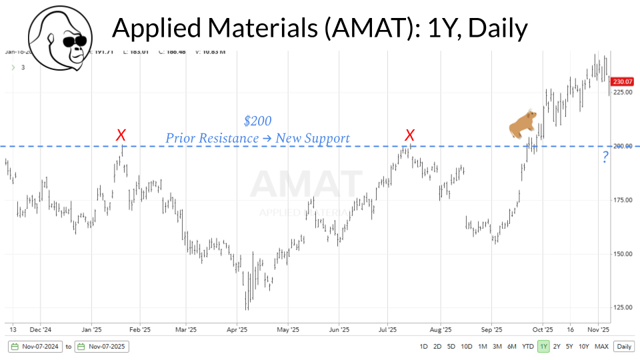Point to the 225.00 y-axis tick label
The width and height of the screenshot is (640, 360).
[x=623, y=92]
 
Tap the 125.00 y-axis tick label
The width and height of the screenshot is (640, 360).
[x=623, y=307]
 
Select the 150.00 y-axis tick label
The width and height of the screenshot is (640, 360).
[x=623, y=253]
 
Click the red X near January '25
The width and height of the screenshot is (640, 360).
[x=121, y=135]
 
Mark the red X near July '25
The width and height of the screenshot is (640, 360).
[x=411, y=135]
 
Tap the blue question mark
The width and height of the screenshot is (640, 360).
[x=605, y=158]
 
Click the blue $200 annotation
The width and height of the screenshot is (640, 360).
[x=257, y=121]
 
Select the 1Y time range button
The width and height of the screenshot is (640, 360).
[x=543, y=346]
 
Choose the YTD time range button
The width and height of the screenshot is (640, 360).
[x=528, y=346]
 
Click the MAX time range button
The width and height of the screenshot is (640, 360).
[x=601, y=346]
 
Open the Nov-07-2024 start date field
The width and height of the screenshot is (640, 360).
[x=36, y=347]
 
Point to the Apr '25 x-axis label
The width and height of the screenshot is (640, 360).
[x=237, y=329]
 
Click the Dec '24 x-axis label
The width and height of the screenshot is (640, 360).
[x=41, y=329]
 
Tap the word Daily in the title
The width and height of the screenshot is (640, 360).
[x=493, y=28]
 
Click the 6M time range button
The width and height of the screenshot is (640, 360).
[x=512, y=346]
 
